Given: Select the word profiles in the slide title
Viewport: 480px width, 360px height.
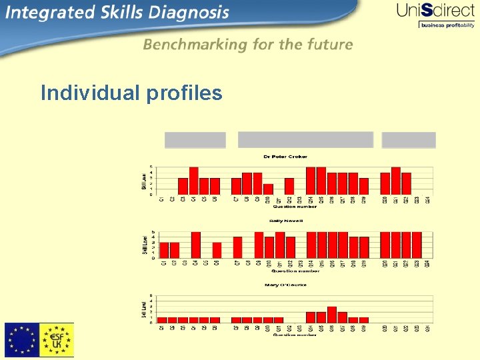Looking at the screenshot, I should click(x=183, y=93).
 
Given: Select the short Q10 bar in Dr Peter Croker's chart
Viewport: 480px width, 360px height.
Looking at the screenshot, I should click(x=268, y=189).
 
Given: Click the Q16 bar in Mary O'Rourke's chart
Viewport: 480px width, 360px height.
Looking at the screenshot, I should click(x=332, y=314).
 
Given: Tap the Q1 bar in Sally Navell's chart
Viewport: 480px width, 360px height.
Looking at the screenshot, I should click(x=164, y=250).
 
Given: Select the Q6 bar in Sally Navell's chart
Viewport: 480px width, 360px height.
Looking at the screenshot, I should click(x=217, y=250).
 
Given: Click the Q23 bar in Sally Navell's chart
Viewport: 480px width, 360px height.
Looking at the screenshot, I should click(x=417, y=245).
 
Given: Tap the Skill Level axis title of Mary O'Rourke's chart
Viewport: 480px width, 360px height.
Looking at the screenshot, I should click(x=144, y=310).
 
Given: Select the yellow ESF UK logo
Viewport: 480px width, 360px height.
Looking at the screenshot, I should click(x=57, y=340).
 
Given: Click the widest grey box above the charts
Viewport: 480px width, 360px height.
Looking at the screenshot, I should click(x=305, y=140).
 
